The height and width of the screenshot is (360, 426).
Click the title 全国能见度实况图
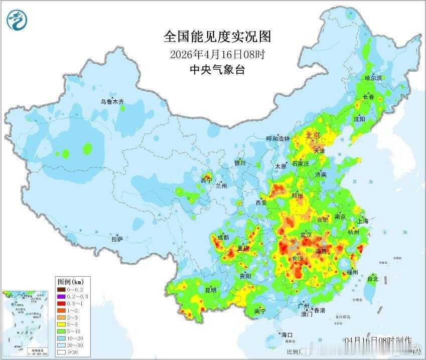[217, 37]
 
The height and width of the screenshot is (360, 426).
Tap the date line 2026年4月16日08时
[217, 54]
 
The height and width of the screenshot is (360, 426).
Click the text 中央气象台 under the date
[217, 70]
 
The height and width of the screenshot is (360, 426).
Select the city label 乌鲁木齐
[112, 101]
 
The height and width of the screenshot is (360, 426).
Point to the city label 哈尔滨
[373, 78]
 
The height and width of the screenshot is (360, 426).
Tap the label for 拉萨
[117, 240]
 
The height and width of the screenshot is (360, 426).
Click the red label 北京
[313, 134]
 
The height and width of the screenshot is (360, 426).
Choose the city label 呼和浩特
[278, 138]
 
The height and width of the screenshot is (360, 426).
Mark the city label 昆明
[210, 290]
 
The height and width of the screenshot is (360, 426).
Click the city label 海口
[287, 334]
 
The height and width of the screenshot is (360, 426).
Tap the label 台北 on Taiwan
[372, 278]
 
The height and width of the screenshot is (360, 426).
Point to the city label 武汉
[306, 235]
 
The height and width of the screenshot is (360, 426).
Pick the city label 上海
[362, 221]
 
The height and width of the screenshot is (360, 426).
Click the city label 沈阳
[359, 119]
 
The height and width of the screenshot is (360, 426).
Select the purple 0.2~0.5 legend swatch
[61, 296]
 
